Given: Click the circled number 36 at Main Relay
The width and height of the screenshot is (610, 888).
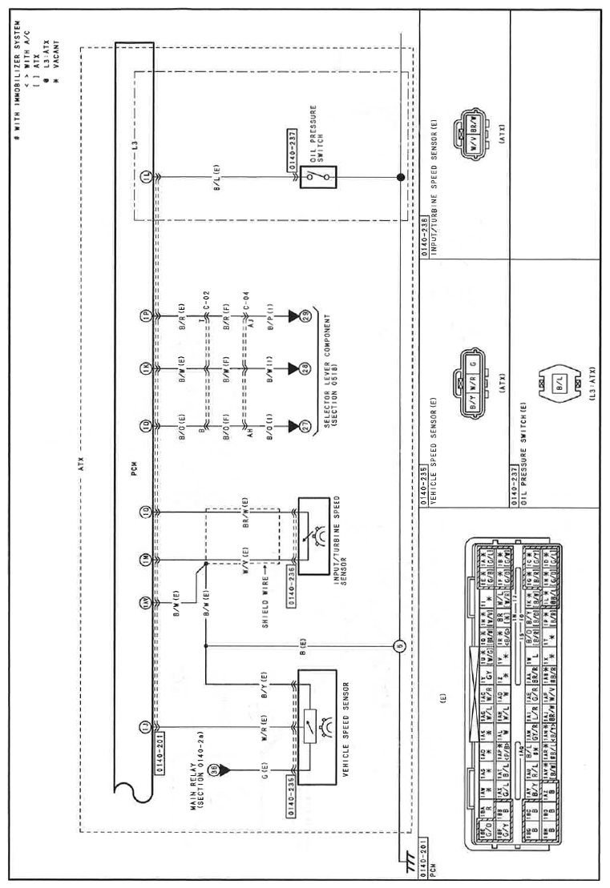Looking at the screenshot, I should coord(213,769).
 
